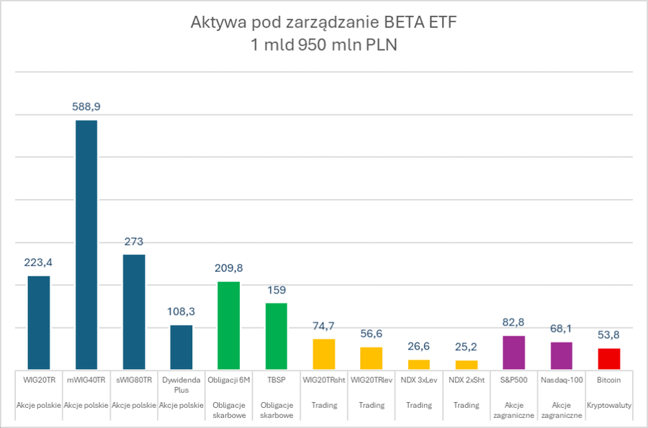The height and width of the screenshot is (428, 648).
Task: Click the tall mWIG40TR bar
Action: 86,245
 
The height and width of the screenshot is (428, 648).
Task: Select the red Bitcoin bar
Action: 609,359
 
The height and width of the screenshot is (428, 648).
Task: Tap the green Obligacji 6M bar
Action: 229,325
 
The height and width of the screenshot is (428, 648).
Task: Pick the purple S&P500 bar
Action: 514,352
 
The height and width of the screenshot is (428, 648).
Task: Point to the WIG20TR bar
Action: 39,322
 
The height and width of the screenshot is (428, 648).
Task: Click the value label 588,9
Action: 86,106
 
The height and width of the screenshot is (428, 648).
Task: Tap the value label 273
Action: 134,241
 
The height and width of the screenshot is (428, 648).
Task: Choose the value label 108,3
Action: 181,311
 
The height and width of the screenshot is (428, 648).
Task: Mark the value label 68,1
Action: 562,329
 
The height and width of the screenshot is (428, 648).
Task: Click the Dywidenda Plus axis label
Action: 181,384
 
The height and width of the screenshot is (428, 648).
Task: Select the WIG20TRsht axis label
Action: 324,379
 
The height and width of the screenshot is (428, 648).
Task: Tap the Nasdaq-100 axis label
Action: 562,379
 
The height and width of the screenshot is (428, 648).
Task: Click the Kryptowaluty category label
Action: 609,406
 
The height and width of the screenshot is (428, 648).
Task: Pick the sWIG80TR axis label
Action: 134,379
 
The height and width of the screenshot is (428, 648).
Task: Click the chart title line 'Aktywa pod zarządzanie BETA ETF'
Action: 324,23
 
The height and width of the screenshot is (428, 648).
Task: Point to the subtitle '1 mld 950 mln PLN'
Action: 324,45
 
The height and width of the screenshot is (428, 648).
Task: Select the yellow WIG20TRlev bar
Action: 372,358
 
